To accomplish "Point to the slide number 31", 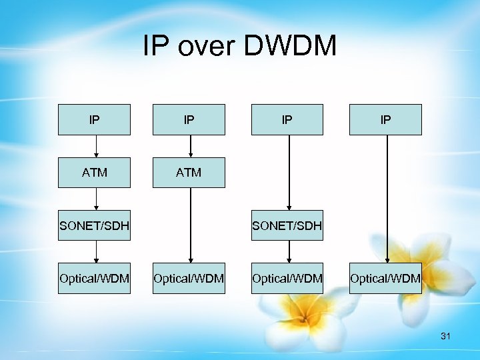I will (445, 337).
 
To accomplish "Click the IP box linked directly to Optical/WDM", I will (385, 120).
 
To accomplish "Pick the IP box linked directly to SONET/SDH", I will (287, 120).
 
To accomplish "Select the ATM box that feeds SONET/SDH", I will (94, 173).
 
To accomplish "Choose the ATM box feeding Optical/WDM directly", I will (189, 173).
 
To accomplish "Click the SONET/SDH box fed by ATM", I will (94, 226).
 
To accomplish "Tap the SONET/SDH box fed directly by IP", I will (287, 226).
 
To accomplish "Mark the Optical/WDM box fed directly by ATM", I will (189, 278).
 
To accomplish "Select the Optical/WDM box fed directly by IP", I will (385, 278).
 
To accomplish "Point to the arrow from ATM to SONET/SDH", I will (97, 199).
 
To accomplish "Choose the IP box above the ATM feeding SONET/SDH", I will (94, 120).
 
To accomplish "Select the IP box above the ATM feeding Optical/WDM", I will (189, 120).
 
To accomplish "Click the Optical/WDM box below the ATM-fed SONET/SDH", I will (94, 278).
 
